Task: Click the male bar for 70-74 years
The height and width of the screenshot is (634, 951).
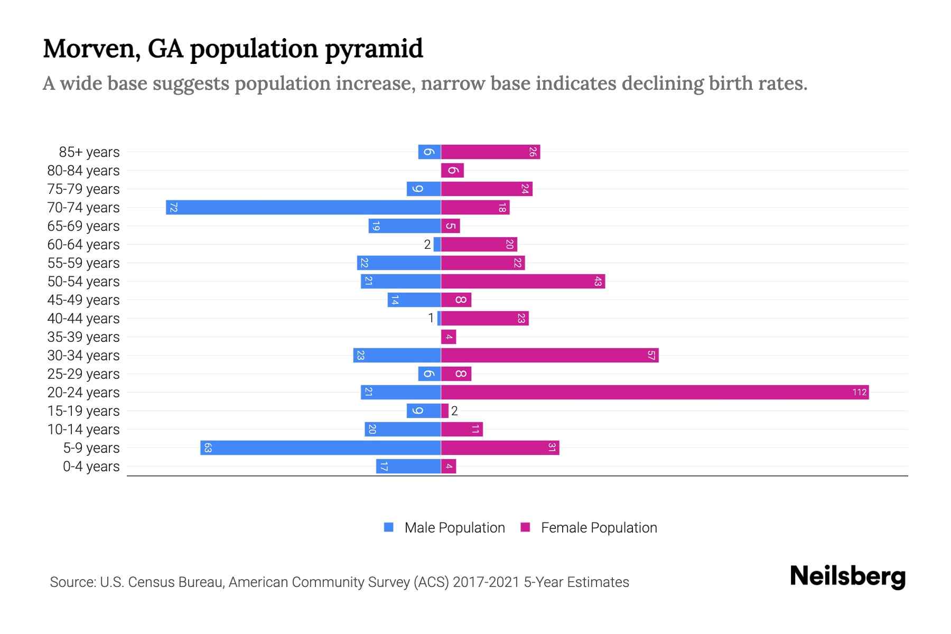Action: pos(303,207)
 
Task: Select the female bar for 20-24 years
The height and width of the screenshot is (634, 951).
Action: pos(655,392)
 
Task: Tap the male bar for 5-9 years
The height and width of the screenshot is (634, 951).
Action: pos(321,447)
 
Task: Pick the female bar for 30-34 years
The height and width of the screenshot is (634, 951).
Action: pos(549,355)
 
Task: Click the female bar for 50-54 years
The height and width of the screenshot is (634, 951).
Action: pos(523,281)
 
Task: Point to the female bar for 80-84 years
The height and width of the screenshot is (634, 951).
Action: pos(452,170)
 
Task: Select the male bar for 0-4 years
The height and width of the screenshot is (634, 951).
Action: pos(408,466)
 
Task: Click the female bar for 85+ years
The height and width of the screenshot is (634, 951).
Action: pos(490,152)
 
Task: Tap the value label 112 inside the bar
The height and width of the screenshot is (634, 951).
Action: pos(859,392)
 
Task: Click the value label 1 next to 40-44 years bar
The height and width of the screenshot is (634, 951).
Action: pos(431,318)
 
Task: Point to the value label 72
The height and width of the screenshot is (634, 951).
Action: pos(173,207)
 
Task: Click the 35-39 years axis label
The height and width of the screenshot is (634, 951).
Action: pos(83,337)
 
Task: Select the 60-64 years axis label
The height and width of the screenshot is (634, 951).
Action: pos(83,244)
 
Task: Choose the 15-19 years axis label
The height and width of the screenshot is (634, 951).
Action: pos(83,411)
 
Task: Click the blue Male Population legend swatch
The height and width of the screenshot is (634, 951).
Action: pos(389,527)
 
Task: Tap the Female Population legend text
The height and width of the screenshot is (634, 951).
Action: pos(599,527)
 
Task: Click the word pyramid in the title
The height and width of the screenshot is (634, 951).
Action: pos(374,49)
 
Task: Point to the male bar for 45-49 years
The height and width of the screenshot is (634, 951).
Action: pos(414,300)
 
